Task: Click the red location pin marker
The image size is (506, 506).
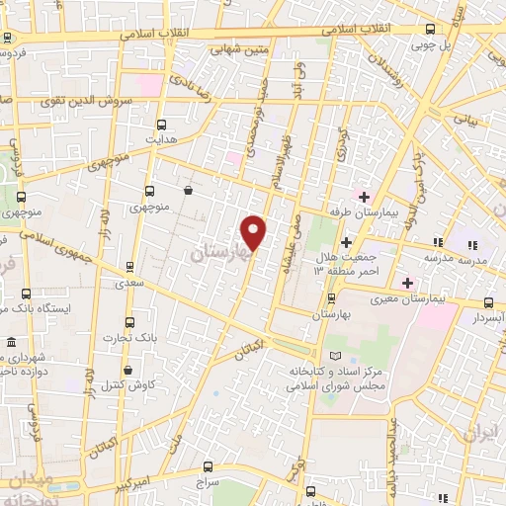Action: pos(254,231)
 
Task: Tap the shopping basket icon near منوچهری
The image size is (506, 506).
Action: pos(188,191)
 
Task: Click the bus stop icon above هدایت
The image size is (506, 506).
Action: pos(163,124)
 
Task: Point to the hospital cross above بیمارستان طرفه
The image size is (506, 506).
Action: pos(364,196)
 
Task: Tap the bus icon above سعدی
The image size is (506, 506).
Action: pos(130,267)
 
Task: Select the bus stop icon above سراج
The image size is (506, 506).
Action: pos(208,465)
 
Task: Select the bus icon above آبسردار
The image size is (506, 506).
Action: pos(489,303)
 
